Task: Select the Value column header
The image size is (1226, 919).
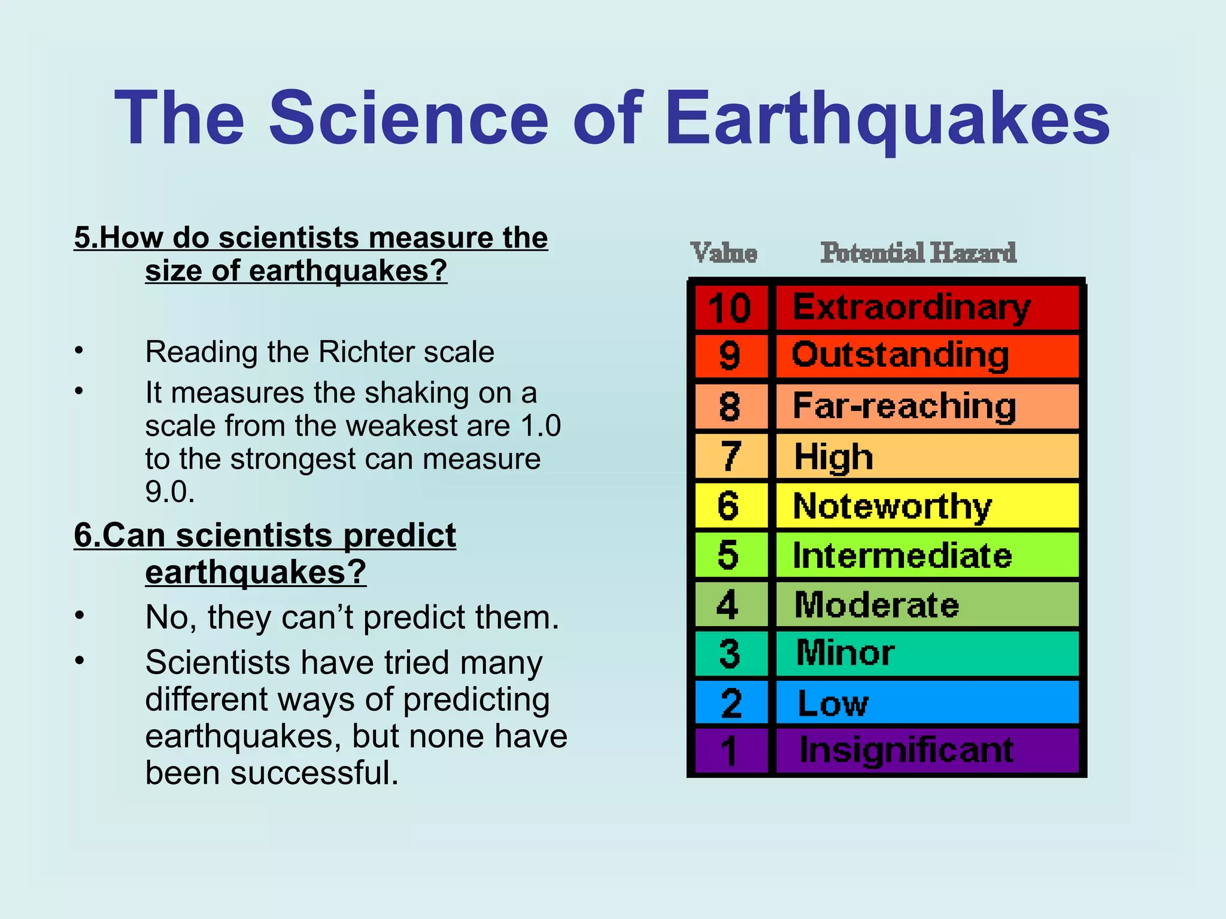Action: coord(724,253)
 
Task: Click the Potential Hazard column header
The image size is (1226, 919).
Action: coord(918,253)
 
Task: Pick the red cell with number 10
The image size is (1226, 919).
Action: coord(730,308)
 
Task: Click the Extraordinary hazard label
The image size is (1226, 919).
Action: coord(911,308)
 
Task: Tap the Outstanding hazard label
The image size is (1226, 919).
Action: coord(900,356)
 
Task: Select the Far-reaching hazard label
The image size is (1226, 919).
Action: coord(904,406)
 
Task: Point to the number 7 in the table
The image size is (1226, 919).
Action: coord(730,457)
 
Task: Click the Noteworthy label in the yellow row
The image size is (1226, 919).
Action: coord(892,506)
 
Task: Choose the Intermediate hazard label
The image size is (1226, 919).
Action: coord(902,555)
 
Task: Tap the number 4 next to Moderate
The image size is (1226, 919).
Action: coord(728,605)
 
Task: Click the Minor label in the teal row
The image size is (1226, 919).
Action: coord(845,653)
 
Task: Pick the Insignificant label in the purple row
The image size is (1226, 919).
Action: coord(906,750)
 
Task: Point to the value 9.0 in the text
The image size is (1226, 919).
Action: coord(169,492)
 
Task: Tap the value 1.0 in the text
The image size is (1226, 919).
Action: coord(540,426)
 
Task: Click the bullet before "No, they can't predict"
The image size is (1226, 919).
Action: coord(79,616)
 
